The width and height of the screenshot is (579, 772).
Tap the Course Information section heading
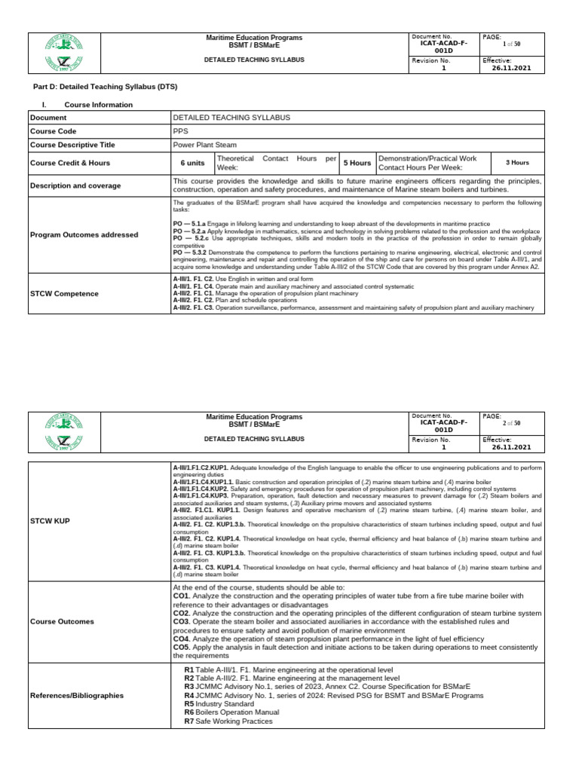[x=98, y=105]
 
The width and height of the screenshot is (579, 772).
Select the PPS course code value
[x=181, y=130]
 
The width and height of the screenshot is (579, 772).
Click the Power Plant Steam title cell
[x=204, y=145]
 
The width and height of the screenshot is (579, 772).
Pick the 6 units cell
[x=192, y=163]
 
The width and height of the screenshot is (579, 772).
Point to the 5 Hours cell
[x=357, y=163]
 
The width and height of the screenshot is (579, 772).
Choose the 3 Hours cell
[x=516, y=162]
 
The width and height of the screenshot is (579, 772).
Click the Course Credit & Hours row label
[x=70, y=163]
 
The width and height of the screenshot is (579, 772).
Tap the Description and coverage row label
[x=75, y=185]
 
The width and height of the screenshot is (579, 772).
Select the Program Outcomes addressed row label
[x=84, y=235]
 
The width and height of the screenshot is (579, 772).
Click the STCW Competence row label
[x=64, y=293]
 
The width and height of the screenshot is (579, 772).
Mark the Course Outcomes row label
[x=62, y=622]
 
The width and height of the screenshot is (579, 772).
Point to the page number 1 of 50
[x=511, y=44]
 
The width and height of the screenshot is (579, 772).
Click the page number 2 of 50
[x=511, y=424]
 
